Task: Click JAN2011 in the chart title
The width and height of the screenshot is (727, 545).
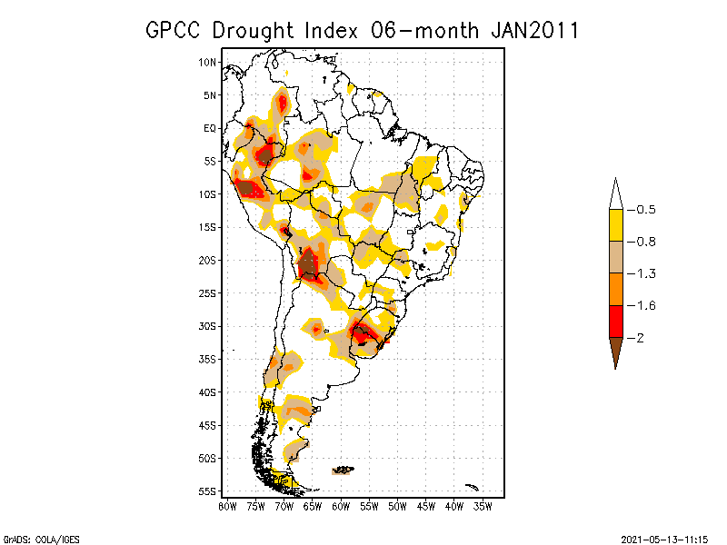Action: pos(534,30)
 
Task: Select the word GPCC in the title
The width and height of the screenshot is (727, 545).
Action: pos(175,30)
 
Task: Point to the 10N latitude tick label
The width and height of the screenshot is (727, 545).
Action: pos(207,62)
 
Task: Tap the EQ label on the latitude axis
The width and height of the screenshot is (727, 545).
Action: pos(209,128)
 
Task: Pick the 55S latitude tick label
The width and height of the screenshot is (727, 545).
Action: pos(207,491)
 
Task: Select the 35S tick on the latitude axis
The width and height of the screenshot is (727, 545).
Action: pos(207,359)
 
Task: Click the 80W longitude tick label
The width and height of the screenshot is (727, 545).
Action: pos(227,506)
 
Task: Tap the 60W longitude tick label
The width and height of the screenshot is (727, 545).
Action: pos(341,506)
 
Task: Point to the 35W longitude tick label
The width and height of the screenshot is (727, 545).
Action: pos(483,506)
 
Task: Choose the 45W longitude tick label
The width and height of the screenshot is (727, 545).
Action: pos(426,506)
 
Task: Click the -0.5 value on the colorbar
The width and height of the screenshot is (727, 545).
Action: pos(642,210)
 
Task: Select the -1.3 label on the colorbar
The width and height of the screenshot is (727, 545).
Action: pos(642,273)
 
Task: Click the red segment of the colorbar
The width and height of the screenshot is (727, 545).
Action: pos(615,321)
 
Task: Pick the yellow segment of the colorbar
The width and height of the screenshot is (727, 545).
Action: pos(615,225)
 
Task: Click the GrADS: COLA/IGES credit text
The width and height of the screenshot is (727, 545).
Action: pos(34,538)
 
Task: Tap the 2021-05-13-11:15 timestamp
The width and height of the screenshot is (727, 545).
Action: pos(664,538)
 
